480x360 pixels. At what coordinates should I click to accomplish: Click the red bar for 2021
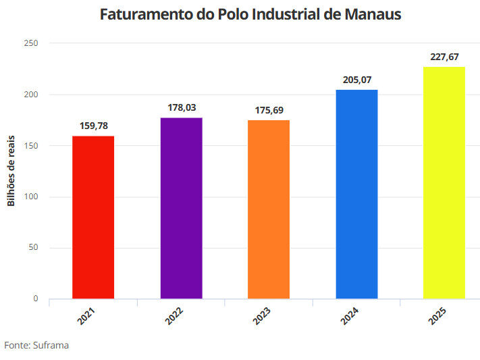[93, 217]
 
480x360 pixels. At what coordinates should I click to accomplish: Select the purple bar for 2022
[181, 208]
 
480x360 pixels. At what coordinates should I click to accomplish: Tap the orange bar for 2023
[269, 209]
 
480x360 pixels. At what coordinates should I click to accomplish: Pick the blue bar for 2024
[356, 194]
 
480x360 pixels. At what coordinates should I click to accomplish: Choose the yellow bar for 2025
[444, 182]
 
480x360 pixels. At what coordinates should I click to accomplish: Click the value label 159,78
[93, 126]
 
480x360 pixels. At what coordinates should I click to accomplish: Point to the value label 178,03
[182, 107]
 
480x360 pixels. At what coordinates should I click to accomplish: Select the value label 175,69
[269, 109]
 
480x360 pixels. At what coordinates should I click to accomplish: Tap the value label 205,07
[357, 80]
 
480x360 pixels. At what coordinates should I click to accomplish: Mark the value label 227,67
[444, 57]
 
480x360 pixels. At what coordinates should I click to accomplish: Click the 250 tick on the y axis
[31, 43]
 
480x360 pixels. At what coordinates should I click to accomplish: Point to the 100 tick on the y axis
[31, 197]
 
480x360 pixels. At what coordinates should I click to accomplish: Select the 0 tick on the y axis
[36, 299]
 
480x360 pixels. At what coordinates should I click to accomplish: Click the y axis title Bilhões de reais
[11, 172]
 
